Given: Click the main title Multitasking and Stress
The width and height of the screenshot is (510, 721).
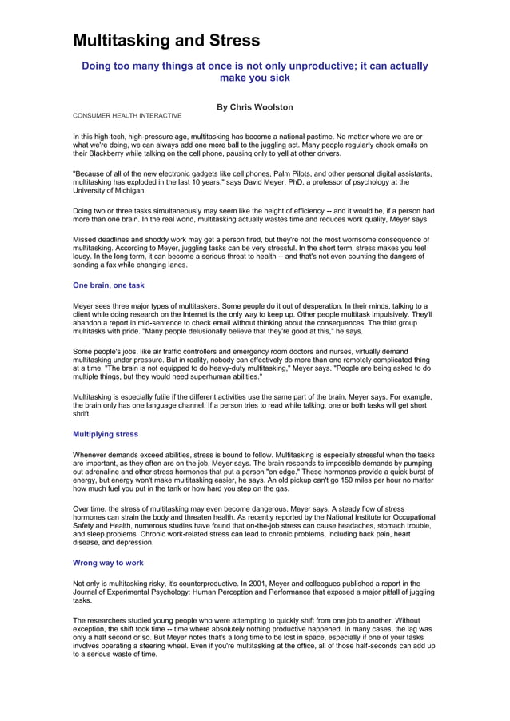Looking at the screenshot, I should (x=166, y=40).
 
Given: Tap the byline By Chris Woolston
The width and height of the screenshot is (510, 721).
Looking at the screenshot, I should (x=255, y=106).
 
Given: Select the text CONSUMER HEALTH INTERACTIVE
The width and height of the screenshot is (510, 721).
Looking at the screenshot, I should (x=127, y=116).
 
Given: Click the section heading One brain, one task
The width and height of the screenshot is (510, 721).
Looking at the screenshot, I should (x=109, y=285).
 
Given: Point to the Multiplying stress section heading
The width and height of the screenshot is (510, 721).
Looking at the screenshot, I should (x=106, y=434).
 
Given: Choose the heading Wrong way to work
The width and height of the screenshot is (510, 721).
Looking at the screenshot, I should (x=108, y=563).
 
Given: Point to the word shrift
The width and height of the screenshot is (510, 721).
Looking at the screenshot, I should (x=82, y=414).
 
